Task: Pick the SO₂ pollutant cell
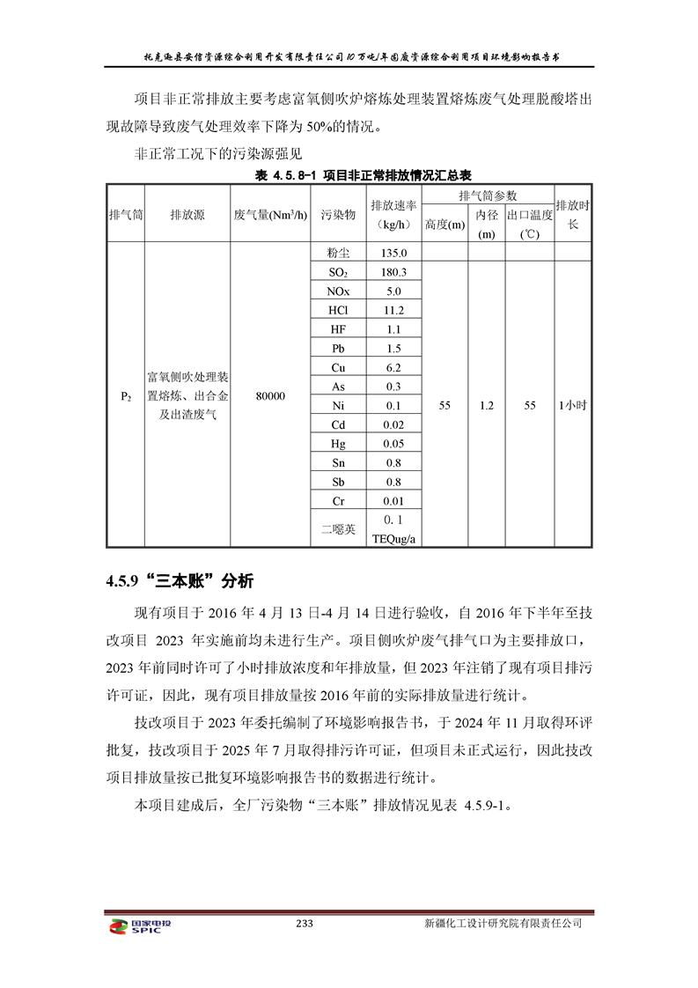tap(338, 273)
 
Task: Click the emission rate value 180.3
tap(393, 273)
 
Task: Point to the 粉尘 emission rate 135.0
tap(393, 253)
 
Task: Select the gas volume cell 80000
tap(270, 396)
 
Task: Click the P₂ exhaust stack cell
tap(126, 396)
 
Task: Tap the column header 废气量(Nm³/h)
tap(270, 216)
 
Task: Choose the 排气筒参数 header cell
tap(488, 195)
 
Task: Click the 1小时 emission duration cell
tap(573, 406)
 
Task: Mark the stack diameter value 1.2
tap(487, 406)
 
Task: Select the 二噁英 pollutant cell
tap(338, 528)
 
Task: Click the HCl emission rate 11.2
tap(393, 311)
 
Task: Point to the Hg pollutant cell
tap(338, 444)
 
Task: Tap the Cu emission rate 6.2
tap(393, 368)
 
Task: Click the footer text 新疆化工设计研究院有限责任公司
tap(503, 925)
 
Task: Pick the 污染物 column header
tap(338, 216)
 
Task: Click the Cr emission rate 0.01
tap(393, 500)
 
